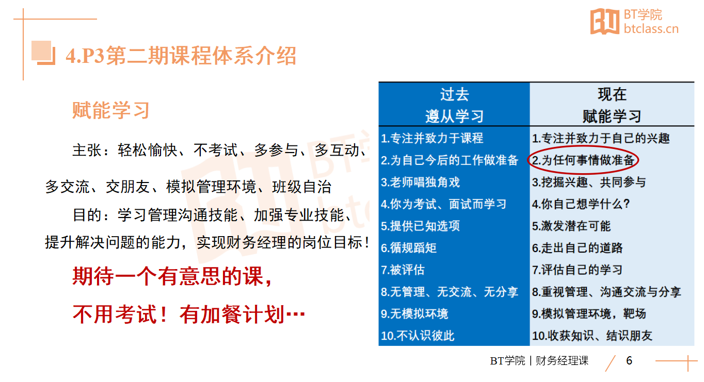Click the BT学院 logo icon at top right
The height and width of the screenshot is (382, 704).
[x=605, y=21]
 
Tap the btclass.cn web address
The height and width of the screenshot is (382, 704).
[x=651, y=29]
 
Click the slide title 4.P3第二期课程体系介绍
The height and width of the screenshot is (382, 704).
[x=181, y=56]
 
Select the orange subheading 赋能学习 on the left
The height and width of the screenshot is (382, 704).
[x=110, y=110]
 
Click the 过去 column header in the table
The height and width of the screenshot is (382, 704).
[x=455, y=94]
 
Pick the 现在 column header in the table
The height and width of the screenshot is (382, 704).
[x=612, y=94]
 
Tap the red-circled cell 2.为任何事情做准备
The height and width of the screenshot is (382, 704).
[x=583, y=160]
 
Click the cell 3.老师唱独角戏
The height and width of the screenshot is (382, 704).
[x=420, y=182]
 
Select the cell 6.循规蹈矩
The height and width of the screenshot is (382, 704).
[x=409, y=248]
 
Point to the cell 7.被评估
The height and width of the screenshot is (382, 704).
[x=403, y=270]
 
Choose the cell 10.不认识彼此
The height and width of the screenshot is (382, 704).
[x=418, y=336]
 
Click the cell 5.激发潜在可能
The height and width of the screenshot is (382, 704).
[x=571, y=226]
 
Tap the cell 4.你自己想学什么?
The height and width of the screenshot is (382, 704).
[x=581, y=204]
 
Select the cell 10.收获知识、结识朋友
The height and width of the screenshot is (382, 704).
[x=592, y=336]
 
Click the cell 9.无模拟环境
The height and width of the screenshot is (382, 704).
[x=414, y=313]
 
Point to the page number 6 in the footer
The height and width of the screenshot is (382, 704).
[x=629, y=361]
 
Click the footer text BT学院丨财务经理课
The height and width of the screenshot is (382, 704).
[x=539, y=361]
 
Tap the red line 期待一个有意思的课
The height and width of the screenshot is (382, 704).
[x=172, y=276]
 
